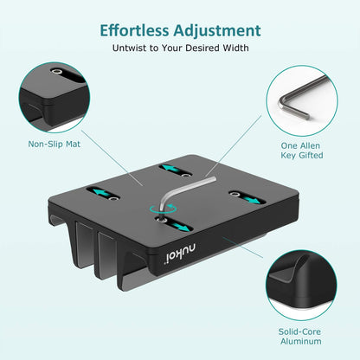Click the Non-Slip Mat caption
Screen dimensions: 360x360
point(54,144)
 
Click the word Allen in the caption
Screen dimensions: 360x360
point(312,145)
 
